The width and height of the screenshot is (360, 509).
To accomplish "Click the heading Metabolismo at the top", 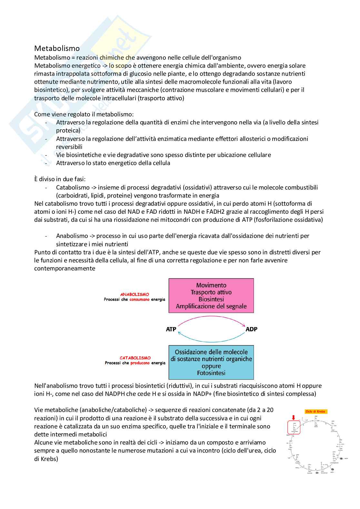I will pos(57,48).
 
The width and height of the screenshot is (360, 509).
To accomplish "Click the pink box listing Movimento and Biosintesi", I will pos(211,296).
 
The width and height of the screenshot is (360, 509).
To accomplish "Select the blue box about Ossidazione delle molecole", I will pos(211,362).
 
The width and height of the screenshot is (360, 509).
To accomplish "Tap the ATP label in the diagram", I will pos(171,329).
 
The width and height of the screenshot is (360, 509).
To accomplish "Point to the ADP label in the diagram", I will pos(251,329).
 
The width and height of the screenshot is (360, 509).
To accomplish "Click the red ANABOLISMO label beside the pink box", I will pos(135,294).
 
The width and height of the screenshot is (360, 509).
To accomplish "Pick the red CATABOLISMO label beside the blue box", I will pos(135,358).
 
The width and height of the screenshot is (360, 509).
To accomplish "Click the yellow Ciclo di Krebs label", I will pos(315,412).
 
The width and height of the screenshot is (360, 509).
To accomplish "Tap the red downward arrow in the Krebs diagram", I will pos(293,417).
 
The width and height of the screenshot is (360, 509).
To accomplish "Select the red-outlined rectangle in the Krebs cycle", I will pos(294,427).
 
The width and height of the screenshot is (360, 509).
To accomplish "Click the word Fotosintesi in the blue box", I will pos(211,373).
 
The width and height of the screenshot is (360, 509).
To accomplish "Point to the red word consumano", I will pos(140,299).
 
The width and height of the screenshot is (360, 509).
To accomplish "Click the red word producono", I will pos(140,363).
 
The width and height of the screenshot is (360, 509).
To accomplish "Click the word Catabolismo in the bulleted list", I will pos(68,187).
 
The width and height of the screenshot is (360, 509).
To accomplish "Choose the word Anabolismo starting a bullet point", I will pos(68,236).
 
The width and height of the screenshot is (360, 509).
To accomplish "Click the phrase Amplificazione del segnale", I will pos(211,306).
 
